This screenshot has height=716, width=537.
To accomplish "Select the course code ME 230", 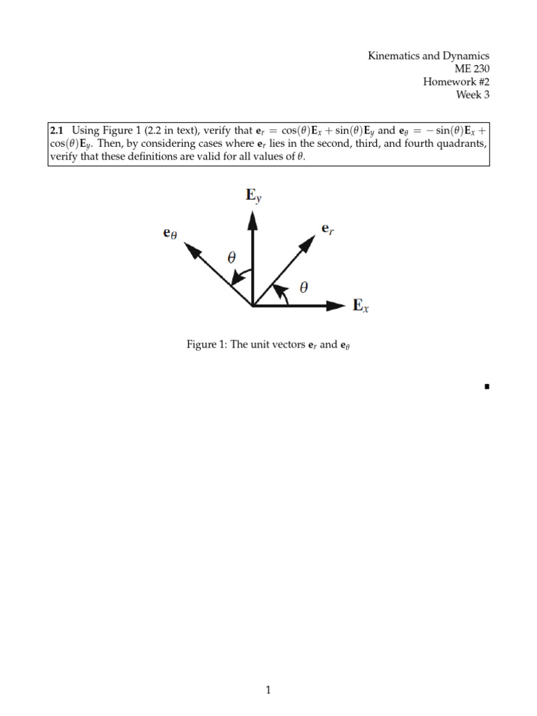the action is pyautogui.click(x=472, y=69).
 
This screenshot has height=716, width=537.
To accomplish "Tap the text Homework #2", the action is pyautogui.click(x=456, y=81).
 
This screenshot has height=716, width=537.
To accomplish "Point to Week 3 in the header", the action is pyautogui.click(x=473, y=94).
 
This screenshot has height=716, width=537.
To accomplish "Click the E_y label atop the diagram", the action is pyautogui.click(x=253, y=195).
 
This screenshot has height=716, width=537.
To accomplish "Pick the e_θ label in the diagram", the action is pyautogui.click(x=170, y=235).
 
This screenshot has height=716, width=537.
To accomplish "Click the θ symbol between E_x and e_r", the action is pyautogui.click(x=302, y=287).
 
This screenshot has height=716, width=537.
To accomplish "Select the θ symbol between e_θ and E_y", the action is pyautogui.click(x=231, y=258).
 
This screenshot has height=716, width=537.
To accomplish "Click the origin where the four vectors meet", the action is pyautogui.click(x=253, y=305).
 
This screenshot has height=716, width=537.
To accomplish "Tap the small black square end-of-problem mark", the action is pyautogui.click(x=486, y=386).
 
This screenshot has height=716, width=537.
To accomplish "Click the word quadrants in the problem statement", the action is pyautogui.click(x=459, y=144).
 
